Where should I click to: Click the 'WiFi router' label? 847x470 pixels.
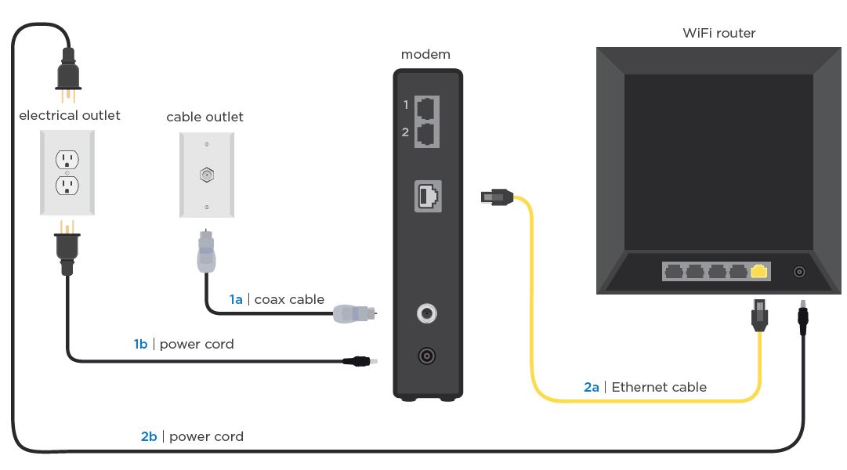pyautogui.click(x=719, y=33)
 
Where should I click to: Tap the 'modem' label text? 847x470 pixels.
pyautogui.click(x=425, y=54)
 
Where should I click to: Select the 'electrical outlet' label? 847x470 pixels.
pyautogui.click(x=70, y=115)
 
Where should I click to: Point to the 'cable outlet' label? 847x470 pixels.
pyautogui.click(x=205, y=117)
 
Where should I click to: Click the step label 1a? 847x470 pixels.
pyautogui.click(x=236, y=299)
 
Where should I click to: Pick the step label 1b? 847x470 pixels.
pyautogui.click(x=141, y=344)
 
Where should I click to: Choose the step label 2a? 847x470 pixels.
pyautogui.click(x=592, y=387)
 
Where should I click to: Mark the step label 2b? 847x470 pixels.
pyautogui.click(x=149, y=436)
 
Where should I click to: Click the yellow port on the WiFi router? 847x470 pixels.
pyautogui.click(x=758, y=272)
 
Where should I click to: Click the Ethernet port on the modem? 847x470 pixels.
pyautogui.click(x=428, y=196)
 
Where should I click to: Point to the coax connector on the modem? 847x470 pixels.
pyautogui.click(x=426, y=314)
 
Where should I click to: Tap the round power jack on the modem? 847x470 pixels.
pyautogui.click(x=426, y=356)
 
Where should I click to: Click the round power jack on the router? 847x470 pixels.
pyautogui.click(x=799, y=272)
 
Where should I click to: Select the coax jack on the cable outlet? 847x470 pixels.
pyautogui.click(x=206, y=174)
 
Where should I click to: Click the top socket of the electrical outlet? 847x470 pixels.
pyautogui.click(x=67, y=160)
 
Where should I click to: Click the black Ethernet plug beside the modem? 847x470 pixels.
pyautogui.click(x=496, y=197)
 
